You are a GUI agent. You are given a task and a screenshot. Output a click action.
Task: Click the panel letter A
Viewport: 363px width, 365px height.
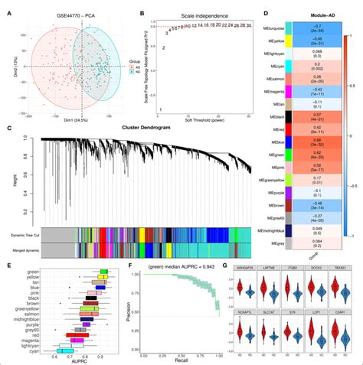pyautogui.click(x=8, y=11)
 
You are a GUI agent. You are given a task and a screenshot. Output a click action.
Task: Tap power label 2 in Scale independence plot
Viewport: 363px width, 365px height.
pyautogui.click(x=162, y=47)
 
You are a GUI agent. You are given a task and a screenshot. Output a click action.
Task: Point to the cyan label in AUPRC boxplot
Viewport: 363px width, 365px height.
pyautogui.click(x=34, y=350)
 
